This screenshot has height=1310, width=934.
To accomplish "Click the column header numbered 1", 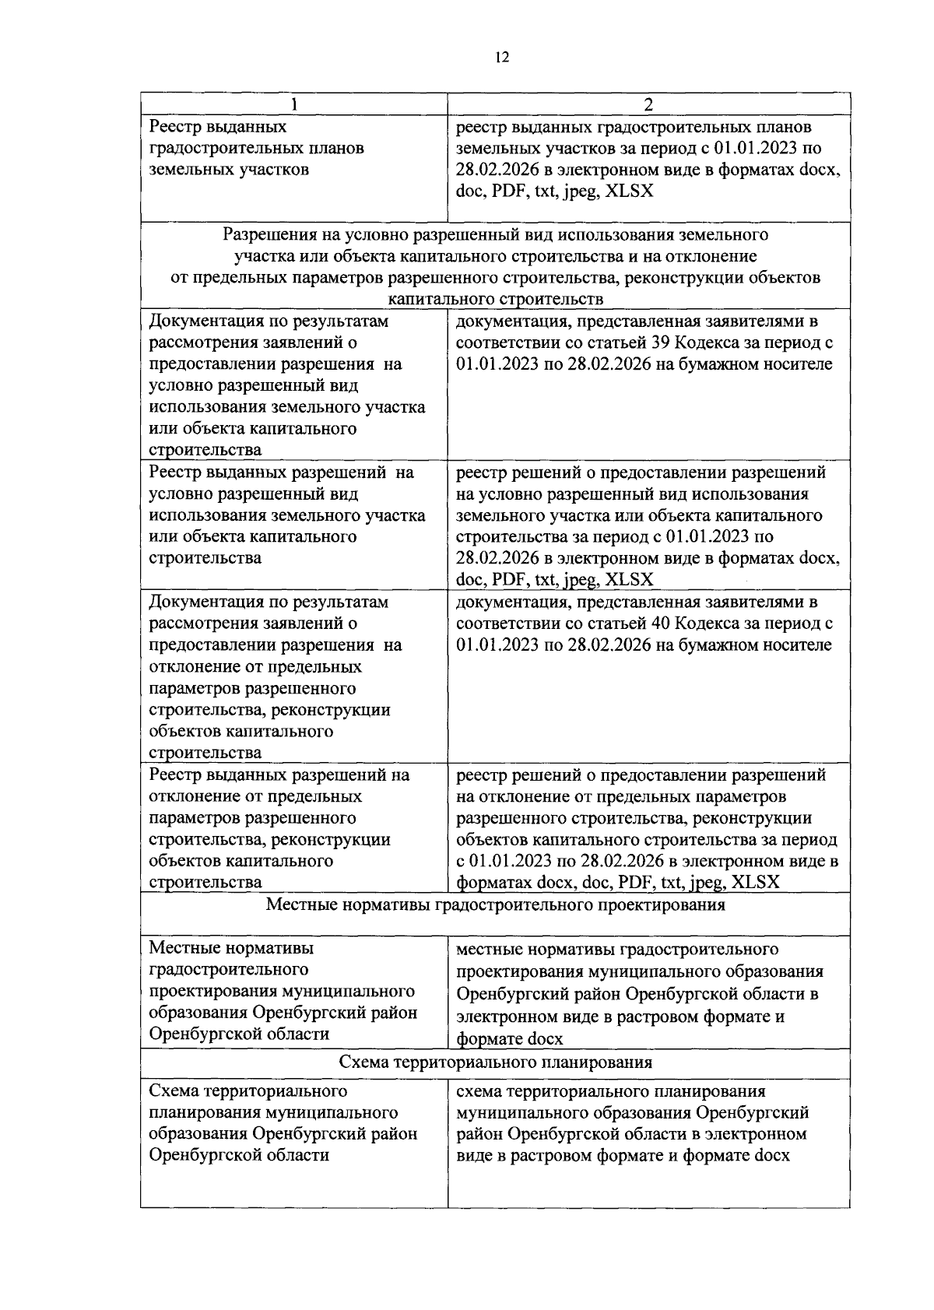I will (x=293, y=104).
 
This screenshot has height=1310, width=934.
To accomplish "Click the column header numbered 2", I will (x=648, y=104).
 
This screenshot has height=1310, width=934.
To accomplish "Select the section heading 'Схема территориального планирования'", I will (x=496, y=1062).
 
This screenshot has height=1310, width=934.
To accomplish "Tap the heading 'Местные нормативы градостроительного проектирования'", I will (x=496, y=904).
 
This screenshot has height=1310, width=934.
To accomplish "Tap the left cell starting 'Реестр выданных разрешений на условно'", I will (x=286, y=515).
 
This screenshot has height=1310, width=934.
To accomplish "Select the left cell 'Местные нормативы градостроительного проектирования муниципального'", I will (x=283, y=991).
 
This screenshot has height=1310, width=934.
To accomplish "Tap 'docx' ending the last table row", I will (x=771, y=1155).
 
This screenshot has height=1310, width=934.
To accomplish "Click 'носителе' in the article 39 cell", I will (x=799, y=364).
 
